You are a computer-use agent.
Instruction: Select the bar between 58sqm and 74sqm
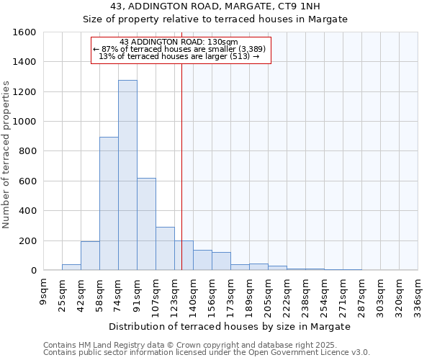click(109, 204)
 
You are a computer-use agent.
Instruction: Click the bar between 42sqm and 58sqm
click(90, 256)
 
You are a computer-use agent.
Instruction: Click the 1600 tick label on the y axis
click(24, 32)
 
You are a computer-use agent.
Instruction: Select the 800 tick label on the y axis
click(27, 151)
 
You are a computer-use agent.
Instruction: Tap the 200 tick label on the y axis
click(27, 240)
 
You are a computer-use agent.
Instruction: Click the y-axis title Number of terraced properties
click(7, 155)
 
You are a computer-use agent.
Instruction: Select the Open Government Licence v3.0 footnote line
click(207, 353)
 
